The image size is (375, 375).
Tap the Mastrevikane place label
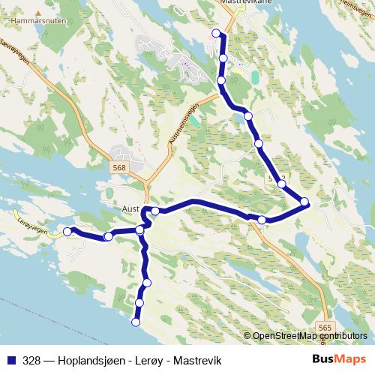247,3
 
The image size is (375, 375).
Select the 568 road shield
118,168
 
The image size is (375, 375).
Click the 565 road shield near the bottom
324,328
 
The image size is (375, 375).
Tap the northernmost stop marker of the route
216,32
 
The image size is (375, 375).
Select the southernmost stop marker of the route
136,322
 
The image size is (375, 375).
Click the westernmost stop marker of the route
67,232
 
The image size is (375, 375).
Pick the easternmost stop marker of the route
304,201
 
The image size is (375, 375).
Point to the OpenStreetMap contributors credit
310,336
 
